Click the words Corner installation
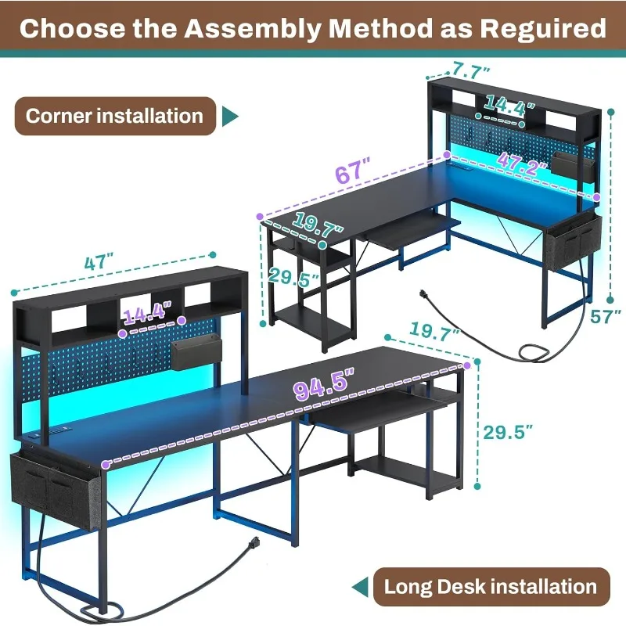[114, 116]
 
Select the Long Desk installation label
[491, 586]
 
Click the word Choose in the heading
[73, 28]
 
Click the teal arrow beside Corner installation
[230, 117]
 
